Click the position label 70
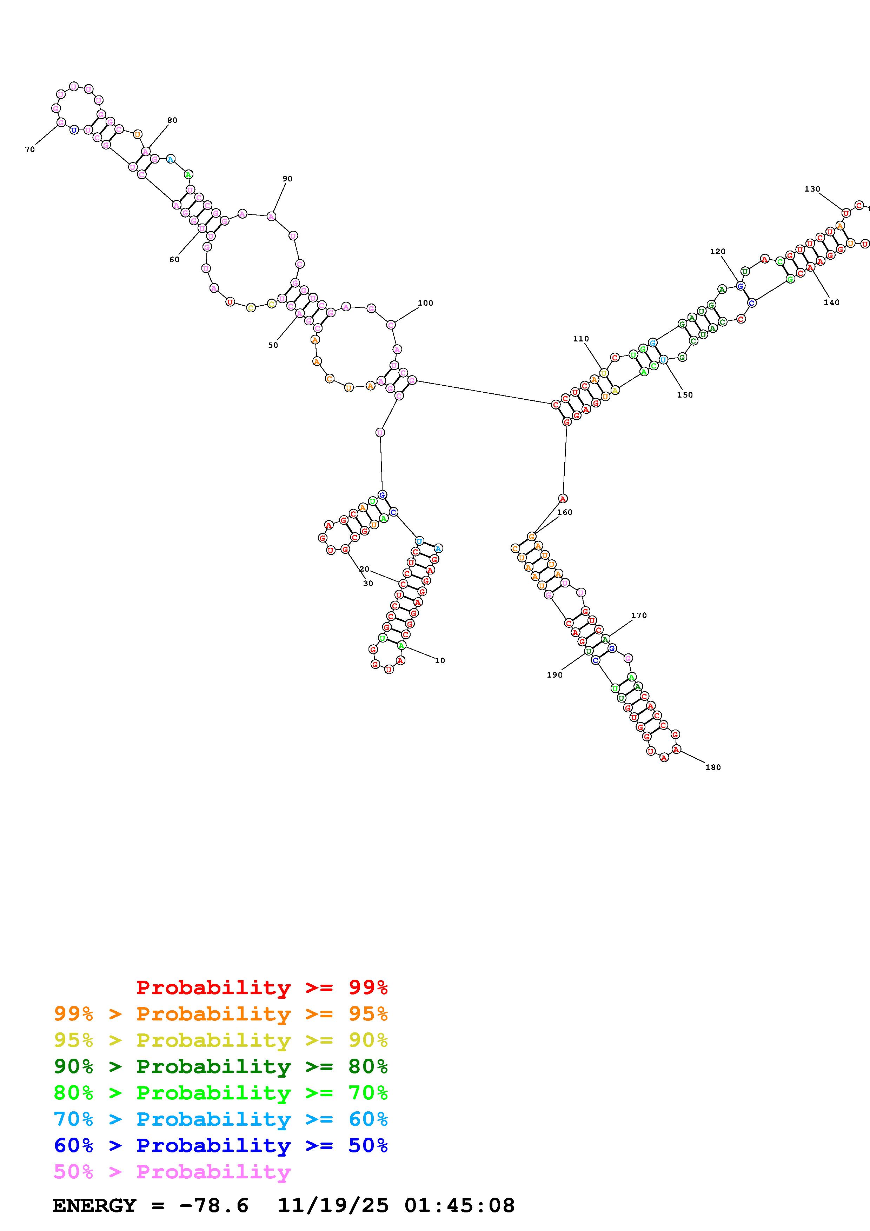[x=29, y=149]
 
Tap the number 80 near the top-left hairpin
[x=172, y=120]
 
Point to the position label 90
[x=287, y=179]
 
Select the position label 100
[x=425, y=303]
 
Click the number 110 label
[x=580, y=339]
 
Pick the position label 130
[x=812, y=189]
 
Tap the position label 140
[x=831, y=302]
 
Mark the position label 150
[x=685, y=395]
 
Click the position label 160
[x=564, y=512]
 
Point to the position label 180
[x=713, y=767]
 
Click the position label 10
[x=439, y=660]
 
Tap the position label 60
[x=174, y=259]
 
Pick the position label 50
[x=273, y=345]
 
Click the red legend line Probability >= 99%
[x=261, y=987]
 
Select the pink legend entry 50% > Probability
[x=172, y=1172]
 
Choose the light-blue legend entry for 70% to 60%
[x=220, y=1119]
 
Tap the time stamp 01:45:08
[x=459, y=1206]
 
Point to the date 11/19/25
[x=332, y=1206]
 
